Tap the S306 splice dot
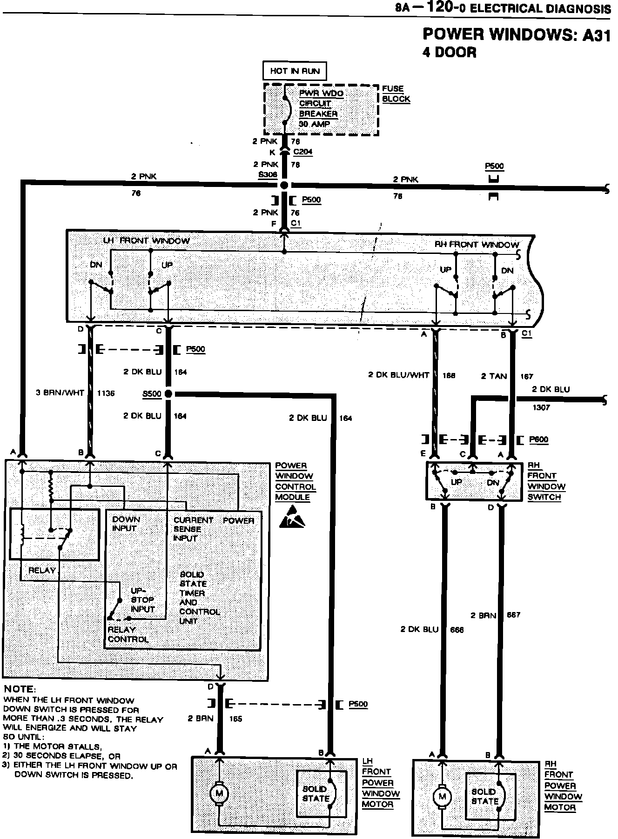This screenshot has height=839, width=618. point(284,186)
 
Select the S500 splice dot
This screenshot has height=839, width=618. point(168,394)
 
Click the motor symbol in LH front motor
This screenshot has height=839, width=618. point(218,793)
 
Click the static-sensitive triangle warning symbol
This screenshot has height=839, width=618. point(292,520)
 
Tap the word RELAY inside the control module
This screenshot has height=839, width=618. point(42,570)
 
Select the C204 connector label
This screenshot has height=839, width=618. point(303,152)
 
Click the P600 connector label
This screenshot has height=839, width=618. point(538,439)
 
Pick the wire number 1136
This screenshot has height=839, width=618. point(106,393)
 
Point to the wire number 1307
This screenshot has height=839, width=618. point(541,407)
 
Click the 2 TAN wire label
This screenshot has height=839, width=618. point(494,376)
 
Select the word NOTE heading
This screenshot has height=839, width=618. point(19,689)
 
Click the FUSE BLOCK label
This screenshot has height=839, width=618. point(396,93)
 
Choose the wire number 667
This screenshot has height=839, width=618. point(513,615)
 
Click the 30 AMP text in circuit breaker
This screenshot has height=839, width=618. point(315,124)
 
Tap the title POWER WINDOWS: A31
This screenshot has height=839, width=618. point(516,35)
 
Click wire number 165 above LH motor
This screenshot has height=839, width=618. point(235,719)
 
